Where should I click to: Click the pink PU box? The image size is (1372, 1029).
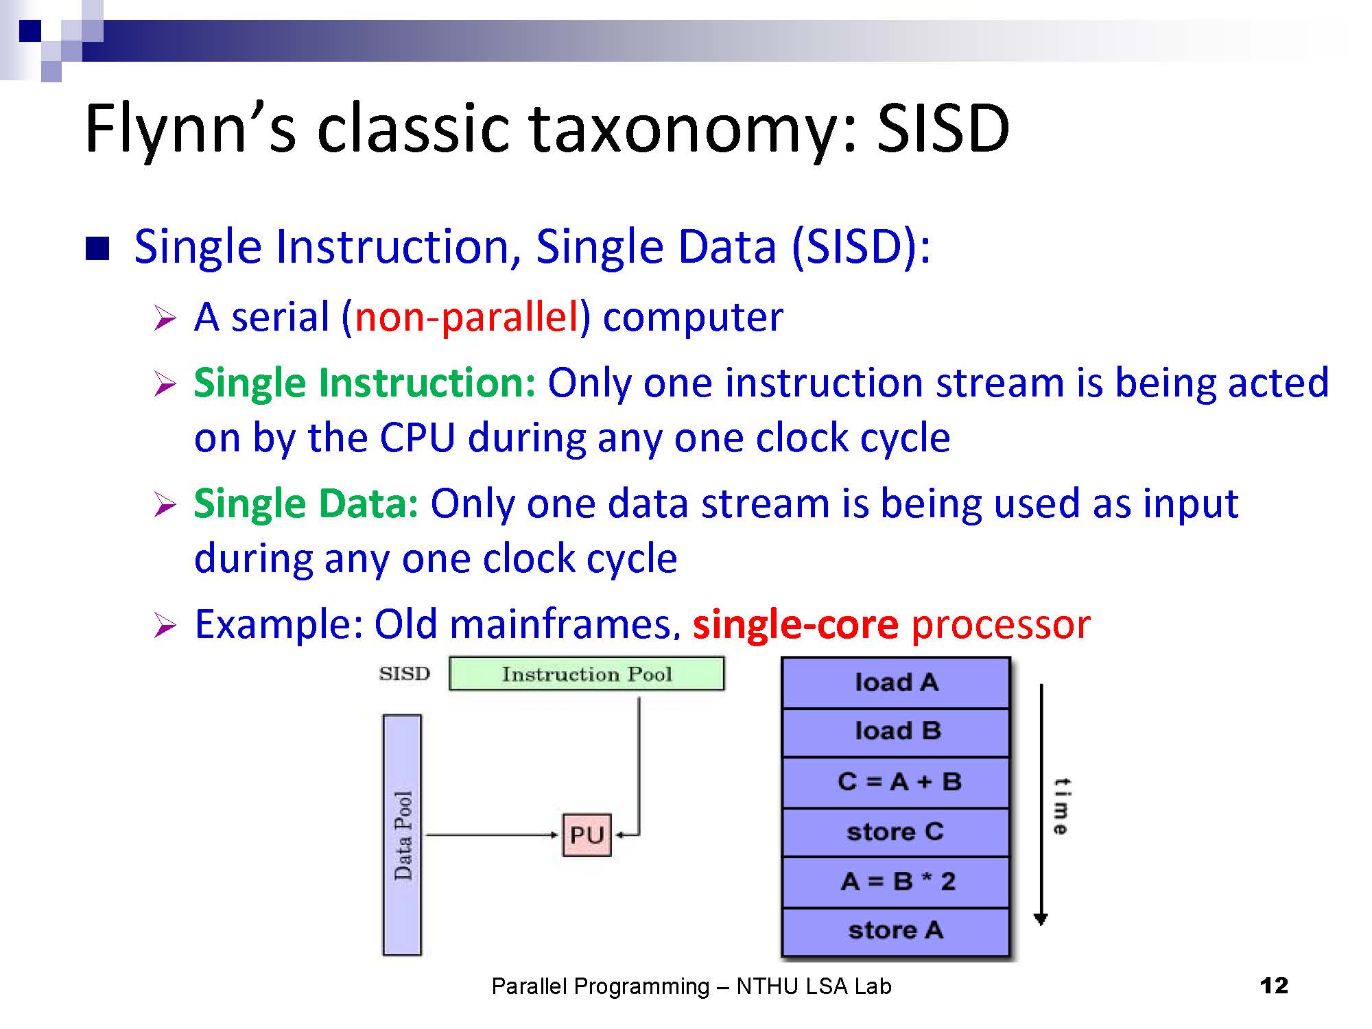tap(587, 835)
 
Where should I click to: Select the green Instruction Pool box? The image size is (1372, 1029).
tap(587, 674)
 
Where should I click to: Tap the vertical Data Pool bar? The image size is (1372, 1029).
tap(402, 835)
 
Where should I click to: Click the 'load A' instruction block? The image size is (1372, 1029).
tap(896, 683)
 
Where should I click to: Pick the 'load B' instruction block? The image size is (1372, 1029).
tap(896, 732)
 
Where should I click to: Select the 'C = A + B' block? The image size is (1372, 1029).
tap(896, 782)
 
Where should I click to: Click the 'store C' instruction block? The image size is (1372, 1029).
tap(896, 832)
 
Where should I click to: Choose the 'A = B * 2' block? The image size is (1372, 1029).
tap(896, 882)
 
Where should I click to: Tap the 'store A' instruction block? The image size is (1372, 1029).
tap(896, 932)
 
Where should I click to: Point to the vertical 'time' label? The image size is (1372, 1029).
tap(1061, 806)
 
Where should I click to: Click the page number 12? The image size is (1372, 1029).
tap(1274, 986)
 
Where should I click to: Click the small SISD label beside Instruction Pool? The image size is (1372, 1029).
tap(405, 674)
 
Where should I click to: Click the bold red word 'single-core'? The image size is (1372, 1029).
tap(796, 624)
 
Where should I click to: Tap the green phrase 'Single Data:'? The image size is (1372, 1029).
tap(306, 504)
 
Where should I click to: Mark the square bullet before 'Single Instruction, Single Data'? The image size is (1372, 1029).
tap(97, 249)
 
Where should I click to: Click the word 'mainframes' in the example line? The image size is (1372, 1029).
tap(561, 624)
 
